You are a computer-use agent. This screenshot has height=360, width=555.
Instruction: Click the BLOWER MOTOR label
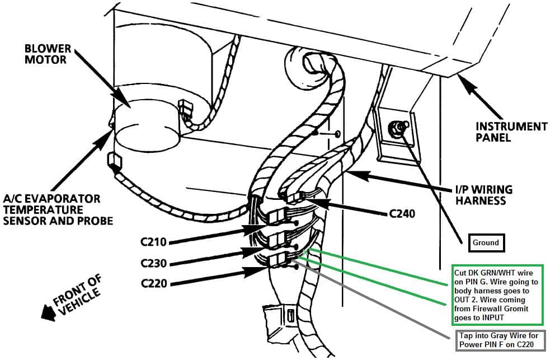[48, 54]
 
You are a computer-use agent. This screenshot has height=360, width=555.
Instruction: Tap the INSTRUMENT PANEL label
[511, 132]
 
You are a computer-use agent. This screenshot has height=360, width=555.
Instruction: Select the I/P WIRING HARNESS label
[483, 195]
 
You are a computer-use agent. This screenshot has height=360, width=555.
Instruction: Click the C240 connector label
[402, 214]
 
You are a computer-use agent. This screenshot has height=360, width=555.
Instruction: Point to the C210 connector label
[153, 242]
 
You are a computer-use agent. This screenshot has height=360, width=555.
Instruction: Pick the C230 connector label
[153, 263]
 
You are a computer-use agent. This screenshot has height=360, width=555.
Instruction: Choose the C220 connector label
[154, 283]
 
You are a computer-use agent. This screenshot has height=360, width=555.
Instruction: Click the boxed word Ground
[486, 243]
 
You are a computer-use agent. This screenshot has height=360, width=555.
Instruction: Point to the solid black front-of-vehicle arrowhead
[49, 312]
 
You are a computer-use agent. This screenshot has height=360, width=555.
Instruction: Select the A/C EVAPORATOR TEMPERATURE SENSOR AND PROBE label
[58, 210]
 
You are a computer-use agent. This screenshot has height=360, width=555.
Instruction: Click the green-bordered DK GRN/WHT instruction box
[497, 295]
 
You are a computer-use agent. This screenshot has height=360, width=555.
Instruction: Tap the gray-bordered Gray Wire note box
[501, 340]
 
